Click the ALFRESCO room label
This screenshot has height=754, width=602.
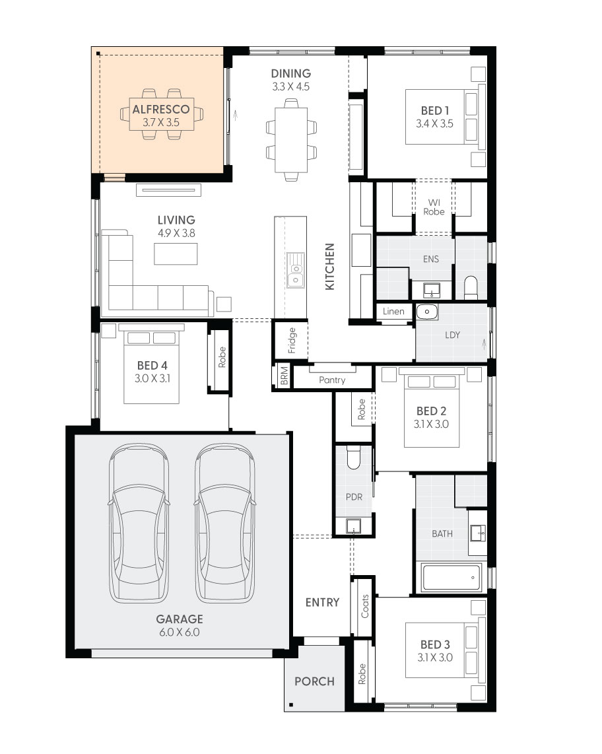[161, 109]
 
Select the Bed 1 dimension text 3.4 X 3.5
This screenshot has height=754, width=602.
[434, 123]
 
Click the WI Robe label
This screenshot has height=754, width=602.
[434, 207]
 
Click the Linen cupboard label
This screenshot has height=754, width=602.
[394, 311]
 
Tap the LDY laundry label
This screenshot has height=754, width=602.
[452, 335]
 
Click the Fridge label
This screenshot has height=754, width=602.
[292, 341]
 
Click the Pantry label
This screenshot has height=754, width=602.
[332, 380]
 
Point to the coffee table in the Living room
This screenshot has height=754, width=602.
[176, 254]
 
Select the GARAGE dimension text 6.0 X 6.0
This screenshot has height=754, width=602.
[179, 632]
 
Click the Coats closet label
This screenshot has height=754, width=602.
[365, 606]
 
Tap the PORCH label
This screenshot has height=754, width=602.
[314, 681]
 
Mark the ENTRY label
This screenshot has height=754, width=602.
[322, 602]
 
